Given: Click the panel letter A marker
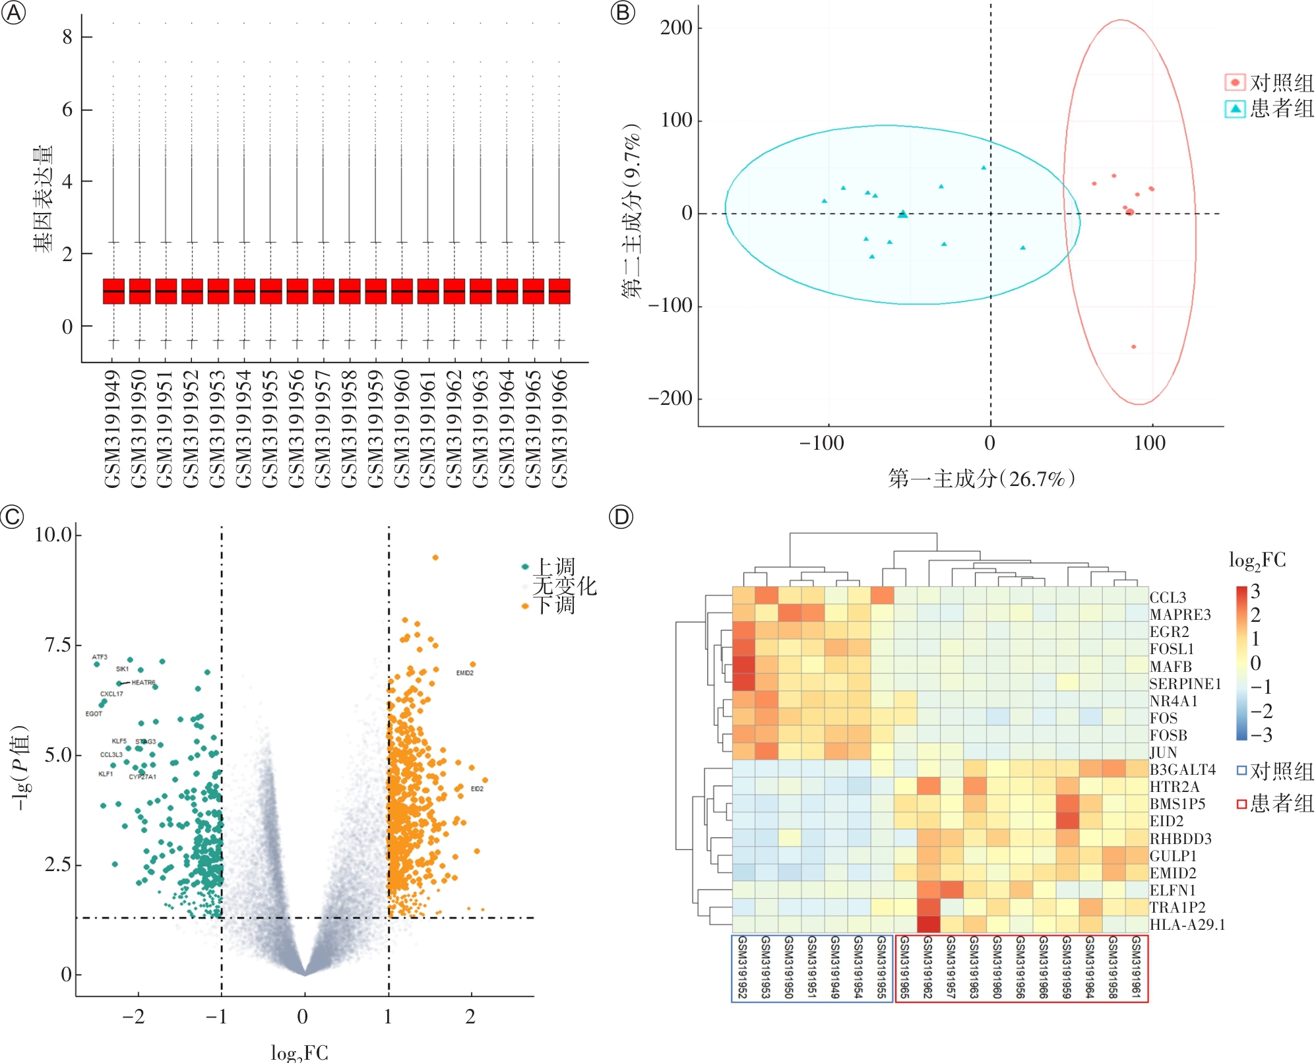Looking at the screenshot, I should (x=14, y=13).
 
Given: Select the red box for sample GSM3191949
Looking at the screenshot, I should (x=113, y=291).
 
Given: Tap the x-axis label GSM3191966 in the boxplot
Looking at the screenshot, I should (x=559, y=429).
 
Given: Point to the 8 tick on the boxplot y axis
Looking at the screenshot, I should (x=67, y=37).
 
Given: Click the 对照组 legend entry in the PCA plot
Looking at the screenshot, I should (x=1270, y=83).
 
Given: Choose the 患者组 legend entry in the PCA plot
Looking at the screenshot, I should (x=1270, y=109).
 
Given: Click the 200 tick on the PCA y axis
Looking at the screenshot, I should (x=676, y=28).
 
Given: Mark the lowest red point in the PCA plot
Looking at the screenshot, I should (x=1134, y=347).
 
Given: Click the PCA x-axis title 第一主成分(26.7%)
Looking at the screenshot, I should (x=982, y=479).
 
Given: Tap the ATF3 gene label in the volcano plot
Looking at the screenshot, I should (x=100, y=657).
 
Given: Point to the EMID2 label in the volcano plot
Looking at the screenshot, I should (x=465, y=673).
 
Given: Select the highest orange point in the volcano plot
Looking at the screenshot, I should (x=435, y=558).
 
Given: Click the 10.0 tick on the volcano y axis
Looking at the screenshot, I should (x=53, y=535).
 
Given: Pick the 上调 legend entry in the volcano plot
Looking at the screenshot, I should (x=554, y=566).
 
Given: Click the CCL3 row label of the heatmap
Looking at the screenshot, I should (x=1168, y=597).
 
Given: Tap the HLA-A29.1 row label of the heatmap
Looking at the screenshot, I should (x=1187, y=925).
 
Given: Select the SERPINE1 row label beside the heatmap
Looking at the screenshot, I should (x=1185, y=684).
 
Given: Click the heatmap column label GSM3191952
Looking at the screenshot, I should (x=743, y=967).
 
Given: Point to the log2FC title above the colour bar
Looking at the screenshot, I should (x=1257, y=561).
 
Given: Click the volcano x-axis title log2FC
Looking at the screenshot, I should (x=299, y=1052).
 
